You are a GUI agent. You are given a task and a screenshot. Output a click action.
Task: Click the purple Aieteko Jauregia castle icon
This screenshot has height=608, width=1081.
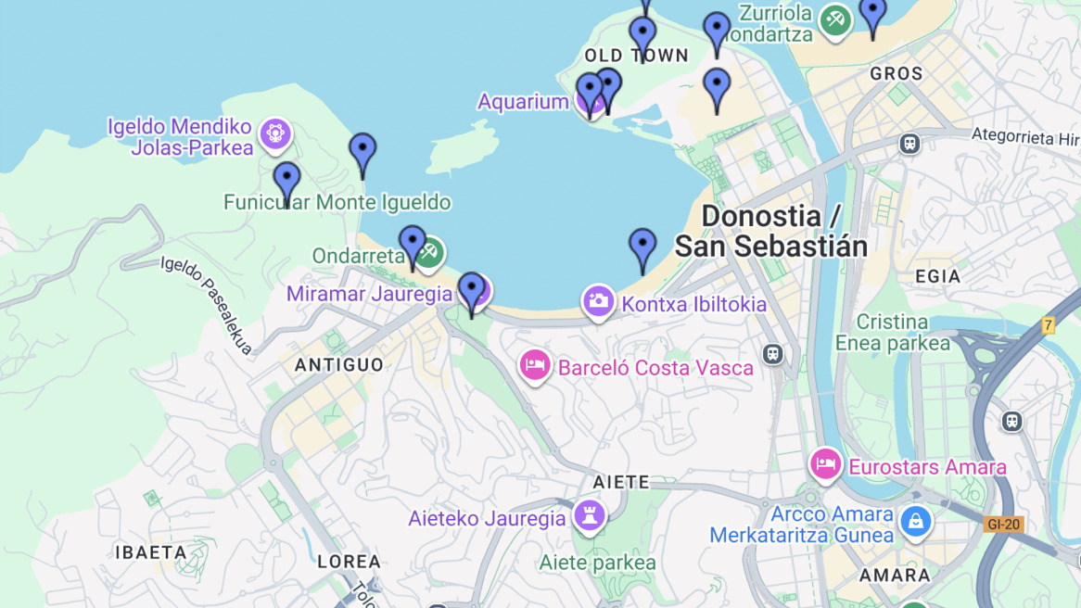pyautogui.click(x=589, y=516)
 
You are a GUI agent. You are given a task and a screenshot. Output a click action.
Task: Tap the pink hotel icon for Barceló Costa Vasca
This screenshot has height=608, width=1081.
pyautogui.click(x=535, y=365)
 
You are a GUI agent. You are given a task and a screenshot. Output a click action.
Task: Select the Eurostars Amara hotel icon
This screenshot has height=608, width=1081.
pyautogui.click(x=824, y=463)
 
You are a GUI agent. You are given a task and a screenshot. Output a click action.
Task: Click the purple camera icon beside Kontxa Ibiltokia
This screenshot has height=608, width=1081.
pyautogui.click(x=598, y=300)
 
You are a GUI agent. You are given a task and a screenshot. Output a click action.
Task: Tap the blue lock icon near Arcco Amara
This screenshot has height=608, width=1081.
pyautogui.click(x=915, y=521)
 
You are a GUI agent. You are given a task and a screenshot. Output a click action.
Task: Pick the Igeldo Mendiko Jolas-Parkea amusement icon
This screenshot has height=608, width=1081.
pyautogui.click(x=275, y=134)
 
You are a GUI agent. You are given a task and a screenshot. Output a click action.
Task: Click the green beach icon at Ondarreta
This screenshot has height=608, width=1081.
pyautogui.click(x=429, y=252)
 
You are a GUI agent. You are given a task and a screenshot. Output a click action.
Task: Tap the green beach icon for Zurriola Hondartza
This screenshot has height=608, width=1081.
pyautogui.click(x=834, y=21)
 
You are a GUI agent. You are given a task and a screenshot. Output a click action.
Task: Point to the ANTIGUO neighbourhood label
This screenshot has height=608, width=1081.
pyautogui.click(x=339, y=365)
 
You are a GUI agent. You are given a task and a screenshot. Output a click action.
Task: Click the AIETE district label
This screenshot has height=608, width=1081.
pyautogui.click(x=621, y=482)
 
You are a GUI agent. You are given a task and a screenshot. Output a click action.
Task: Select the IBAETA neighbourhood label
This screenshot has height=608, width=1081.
pyautogui.click(x=151, y=552)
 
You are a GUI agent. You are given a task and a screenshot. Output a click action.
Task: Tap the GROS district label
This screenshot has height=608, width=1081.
pyautogui.click(x=897, y=73)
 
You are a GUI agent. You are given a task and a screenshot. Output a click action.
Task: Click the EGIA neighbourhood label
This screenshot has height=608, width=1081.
pyautogui.click(x=937, y=276)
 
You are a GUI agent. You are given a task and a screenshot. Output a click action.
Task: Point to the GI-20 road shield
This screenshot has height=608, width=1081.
pyautogui.click(x=1003, y=525)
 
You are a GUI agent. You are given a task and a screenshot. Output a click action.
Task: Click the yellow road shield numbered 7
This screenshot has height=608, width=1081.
pyautogui.click(x=1048, y=325)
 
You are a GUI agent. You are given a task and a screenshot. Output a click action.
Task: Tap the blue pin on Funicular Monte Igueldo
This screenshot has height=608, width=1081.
pyautogui.click(x=287, y=182)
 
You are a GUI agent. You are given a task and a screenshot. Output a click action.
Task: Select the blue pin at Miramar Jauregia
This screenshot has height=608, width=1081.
pyautogui.click(x=472, y=292)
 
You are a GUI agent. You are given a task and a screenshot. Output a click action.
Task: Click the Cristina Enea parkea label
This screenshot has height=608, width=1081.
pyautogui.click(x=893, y=333)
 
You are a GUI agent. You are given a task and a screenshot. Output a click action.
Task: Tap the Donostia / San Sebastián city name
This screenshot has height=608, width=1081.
pyautogui.click(x=770, y=231)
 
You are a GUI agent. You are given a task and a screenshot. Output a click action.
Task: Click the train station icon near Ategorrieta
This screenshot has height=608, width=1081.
pyautogui.click(x=909, y=144)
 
